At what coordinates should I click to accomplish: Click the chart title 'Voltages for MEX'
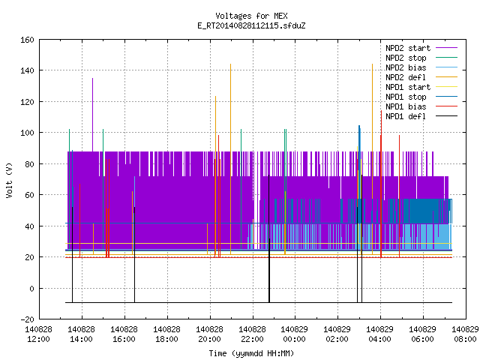pyautogui.click(x=251, y=16)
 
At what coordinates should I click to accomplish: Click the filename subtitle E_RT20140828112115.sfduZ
pyautogui.click(x=251, y=25)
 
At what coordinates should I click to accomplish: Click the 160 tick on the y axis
pyautogui.click(x=27, y=40)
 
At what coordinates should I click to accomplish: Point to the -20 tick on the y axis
pyautogui.click(x=27, y=319)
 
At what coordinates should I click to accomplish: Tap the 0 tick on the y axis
pyautogui.click(x=31, y=288)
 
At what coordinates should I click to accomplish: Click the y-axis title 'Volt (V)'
pyautogui.click(x=10, y=180)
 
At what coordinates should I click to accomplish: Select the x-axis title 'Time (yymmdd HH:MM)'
pyautogui.click(x=251, y=353)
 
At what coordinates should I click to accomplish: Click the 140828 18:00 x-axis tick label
pyautogui.click(x=166, y=334)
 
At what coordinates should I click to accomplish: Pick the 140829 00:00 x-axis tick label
pyautogui.click(x=295, y=334)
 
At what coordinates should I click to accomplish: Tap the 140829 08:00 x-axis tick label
pyautogui.click(x=465, y=334)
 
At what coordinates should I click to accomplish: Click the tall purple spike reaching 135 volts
pyautogui.click(x=93, y=115)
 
